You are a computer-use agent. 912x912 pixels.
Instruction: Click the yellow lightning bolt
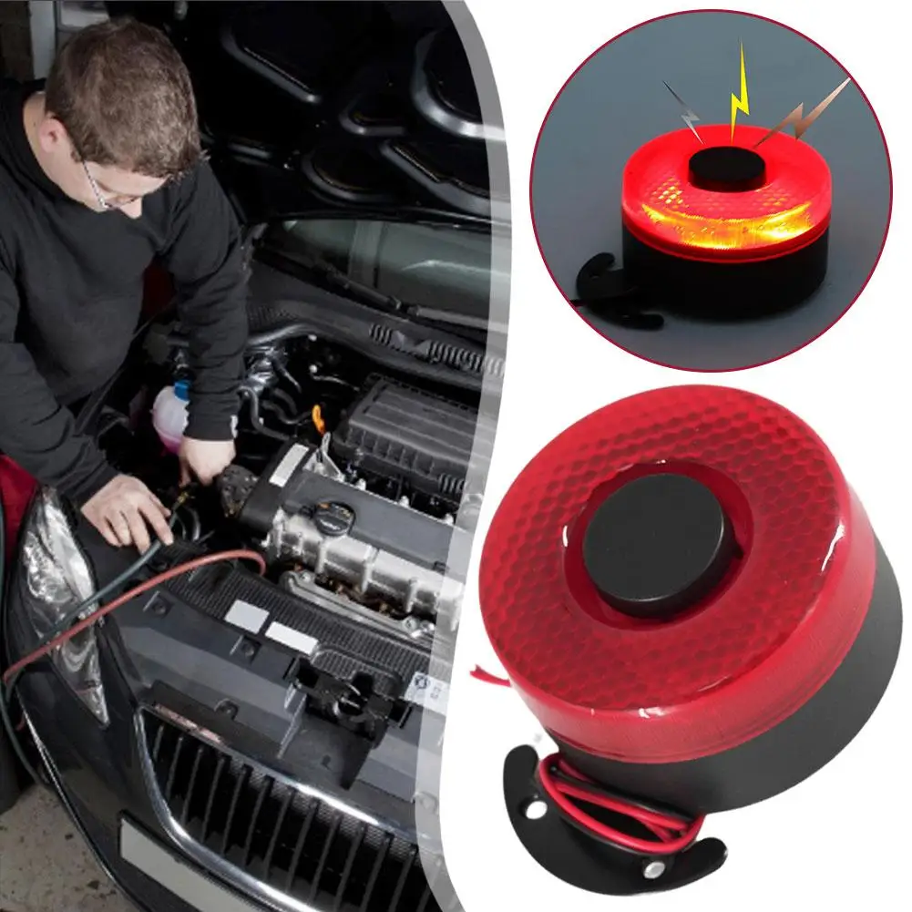tap(739, 91)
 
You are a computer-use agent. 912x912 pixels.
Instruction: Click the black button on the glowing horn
tap(726, 169)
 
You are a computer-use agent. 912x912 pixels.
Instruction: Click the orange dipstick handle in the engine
tap(318, 418)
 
